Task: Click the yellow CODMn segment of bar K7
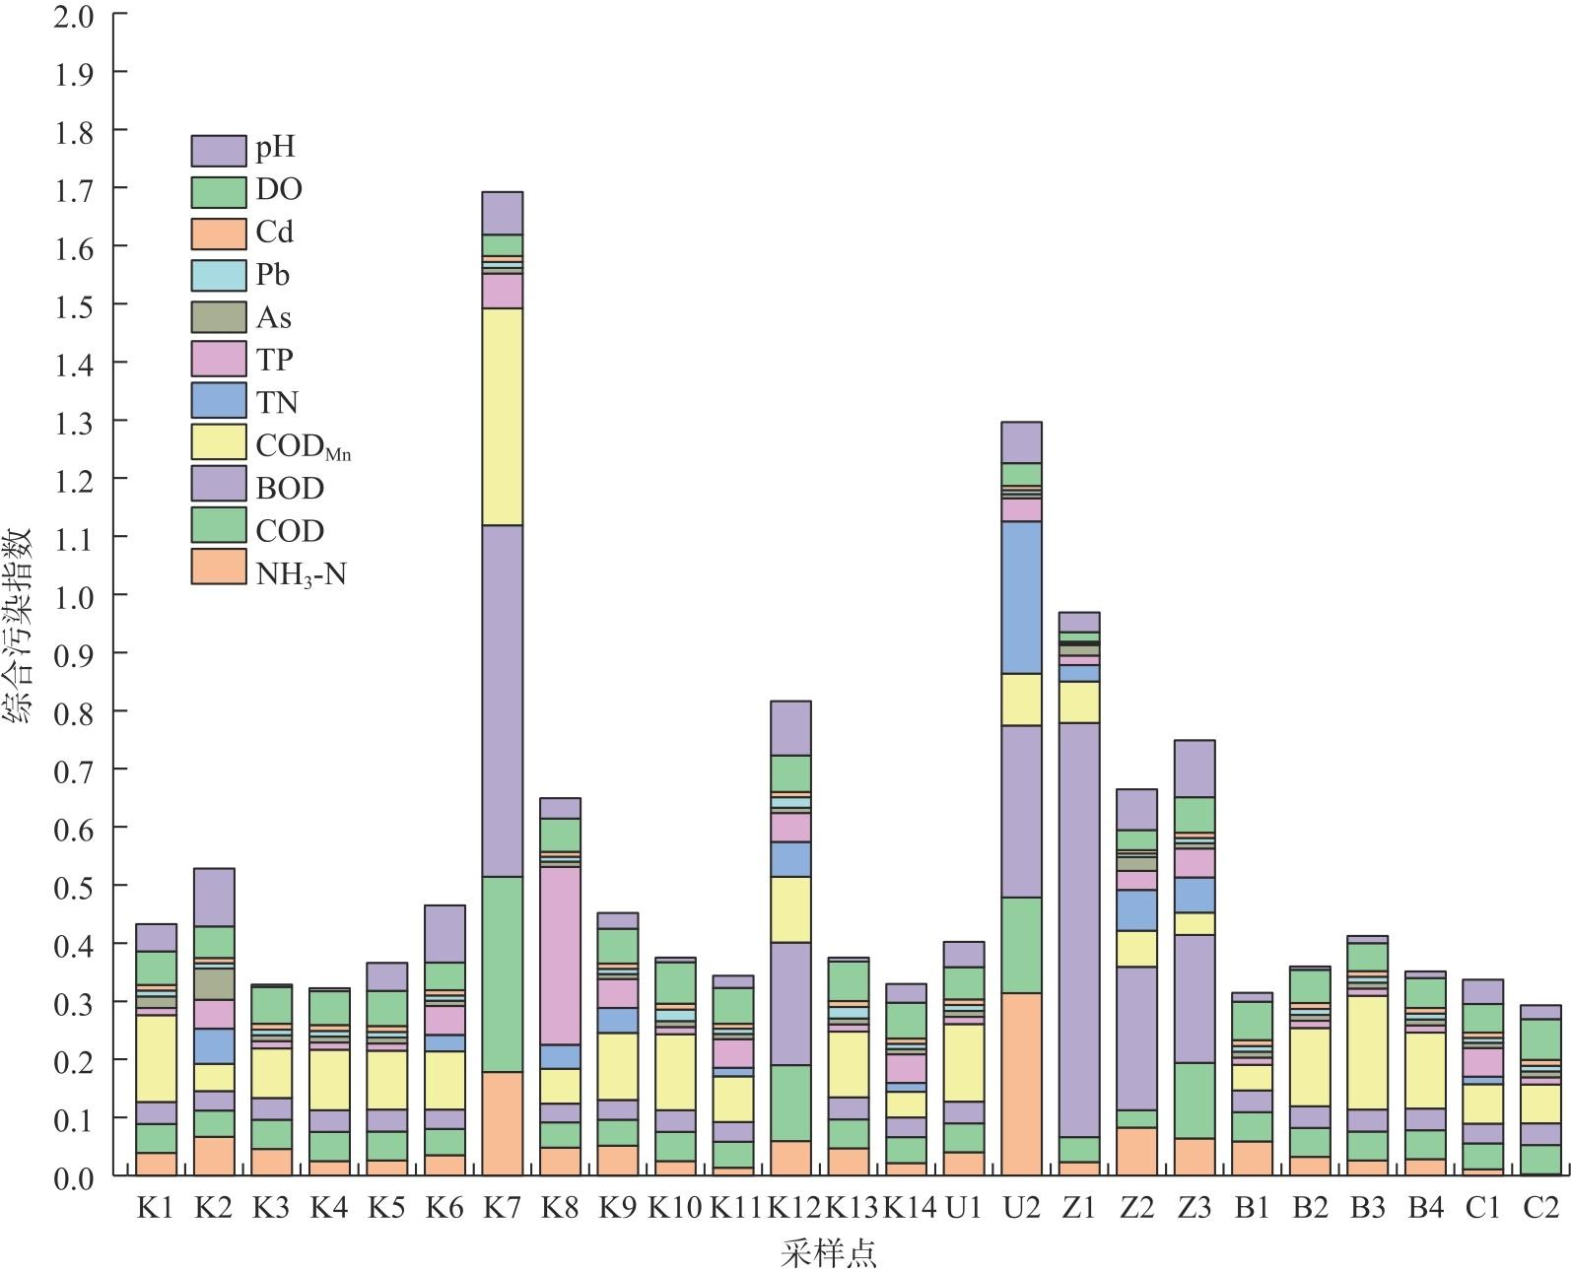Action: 502,416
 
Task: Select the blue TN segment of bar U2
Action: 1021,597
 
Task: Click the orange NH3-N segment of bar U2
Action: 1021,1084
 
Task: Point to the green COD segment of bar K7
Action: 502,973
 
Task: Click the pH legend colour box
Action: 218,150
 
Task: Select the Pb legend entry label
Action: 273,275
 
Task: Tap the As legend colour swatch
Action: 218,317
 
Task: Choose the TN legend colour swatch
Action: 218,402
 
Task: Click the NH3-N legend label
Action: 301,573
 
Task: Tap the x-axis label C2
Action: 1539,1208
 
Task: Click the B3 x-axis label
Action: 1367,1208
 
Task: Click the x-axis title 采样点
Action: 828,1253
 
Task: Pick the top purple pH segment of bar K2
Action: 213,897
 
